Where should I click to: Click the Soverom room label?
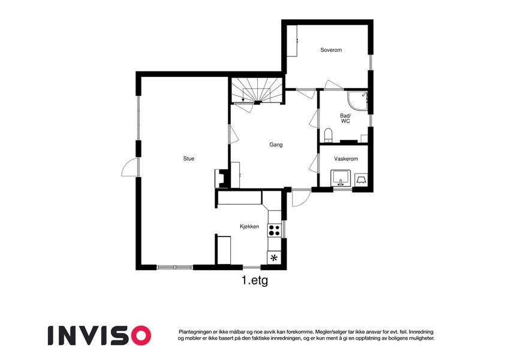pos(331,50)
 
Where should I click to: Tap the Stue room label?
pos(189,158)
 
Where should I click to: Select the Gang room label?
pos(276,145)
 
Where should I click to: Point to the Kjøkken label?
pos(249,226)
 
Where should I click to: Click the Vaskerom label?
pos(346,159)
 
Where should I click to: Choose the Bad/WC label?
pos(345,118)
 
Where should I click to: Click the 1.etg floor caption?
pos(255,280)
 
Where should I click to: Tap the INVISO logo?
pos(100,335)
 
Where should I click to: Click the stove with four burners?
pos(275,230)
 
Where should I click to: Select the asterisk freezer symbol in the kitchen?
pos(275,258)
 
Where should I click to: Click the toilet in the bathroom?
pos(329,136)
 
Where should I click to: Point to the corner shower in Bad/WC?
pos(358,100)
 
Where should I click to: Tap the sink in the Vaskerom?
pos(341,178)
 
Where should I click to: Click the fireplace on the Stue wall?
pos(222,178)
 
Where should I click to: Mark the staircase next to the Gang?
pos(257,90)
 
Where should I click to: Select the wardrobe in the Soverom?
pos(292,41)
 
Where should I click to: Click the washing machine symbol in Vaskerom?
pos(362,179)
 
